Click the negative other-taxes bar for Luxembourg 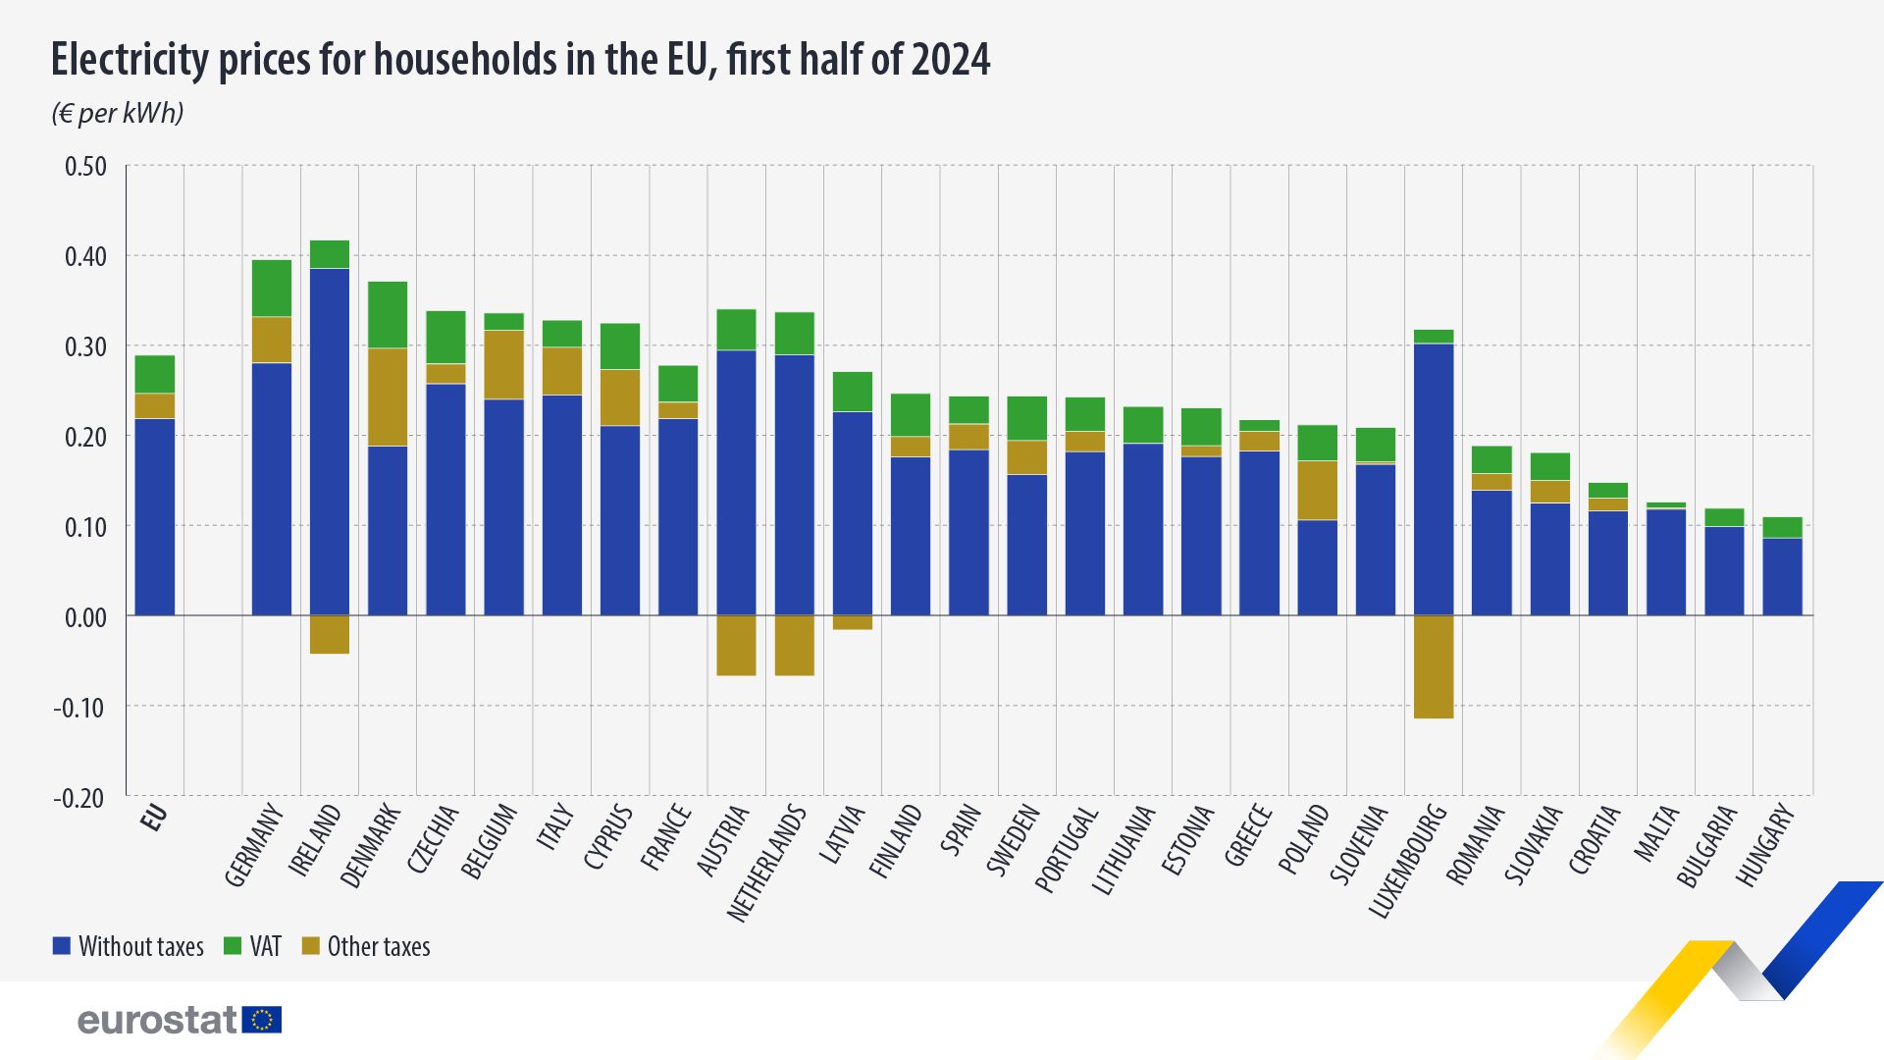tap(1434, 666)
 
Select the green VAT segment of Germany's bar tap(272, 289)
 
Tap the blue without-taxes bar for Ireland tap(330, 442)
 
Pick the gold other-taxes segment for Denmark tap(388, 397)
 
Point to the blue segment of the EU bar tap(155, 517)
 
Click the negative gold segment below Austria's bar tap(736, 645)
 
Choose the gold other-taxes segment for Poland tap(1317, 490)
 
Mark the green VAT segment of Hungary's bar tap(1782, 527)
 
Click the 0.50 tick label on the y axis tap(85, 166)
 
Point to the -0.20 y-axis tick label tap(79, 798)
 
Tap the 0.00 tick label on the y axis tap(85, 617)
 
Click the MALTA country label tap(1656, 833)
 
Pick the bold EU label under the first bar tap(154, 818)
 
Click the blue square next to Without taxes tap(62, 946)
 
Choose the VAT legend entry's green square tap(233, 946)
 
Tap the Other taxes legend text tap(379, 946)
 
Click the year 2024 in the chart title tap(950, 59)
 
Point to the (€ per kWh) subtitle tap(118, 113)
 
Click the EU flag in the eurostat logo tap(262, 1020)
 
